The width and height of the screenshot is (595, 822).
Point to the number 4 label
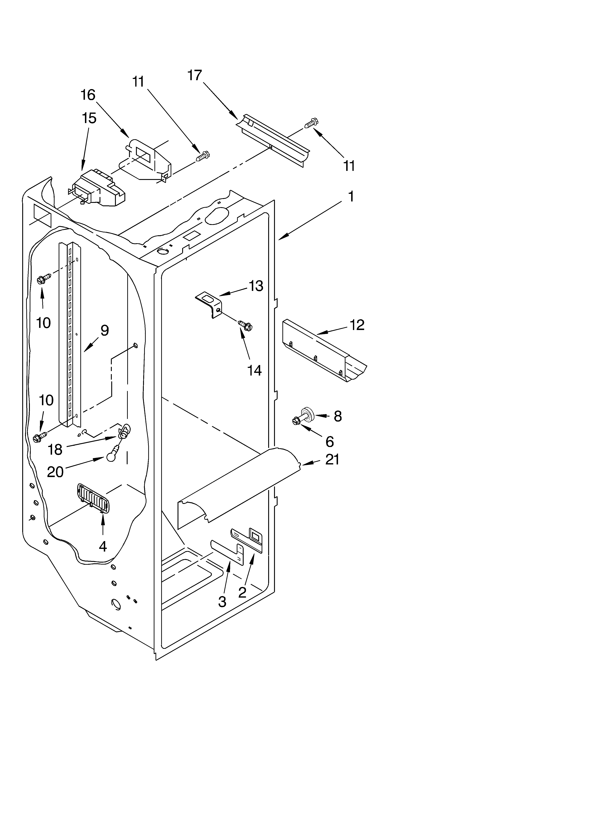[x=103, y=546]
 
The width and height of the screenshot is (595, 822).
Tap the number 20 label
[x=55, y=472]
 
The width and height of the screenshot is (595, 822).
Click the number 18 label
[x=55, y=449]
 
